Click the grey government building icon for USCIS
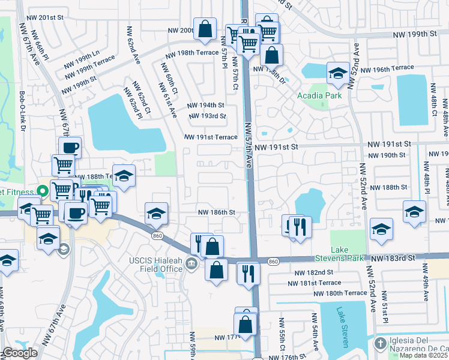point(191,263)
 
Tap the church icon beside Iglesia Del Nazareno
point(379,344)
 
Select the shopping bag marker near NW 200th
point(205,29)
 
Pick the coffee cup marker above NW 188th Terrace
point(70,146)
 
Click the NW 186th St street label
point(216,212)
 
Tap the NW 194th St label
point(206,105)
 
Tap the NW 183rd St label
point(393,257)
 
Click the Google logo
point(20,353)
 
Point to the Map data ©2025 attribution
point(424,356)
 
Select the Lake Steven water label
point(343,326)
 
